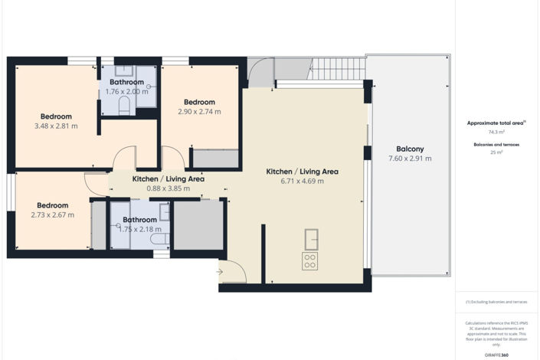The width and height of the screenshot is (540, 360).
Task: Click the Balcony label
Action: click(x=410, y=149)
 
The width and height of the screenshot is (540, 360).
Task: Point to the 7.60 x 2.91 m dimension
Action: click(x=410, y=159)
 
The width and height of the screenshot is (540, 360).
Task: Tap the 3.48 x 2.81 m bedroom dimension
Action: click(x=56, y=126)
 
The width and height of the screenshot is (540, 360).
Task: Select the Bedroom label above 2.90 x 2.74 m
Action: click(x=199, y=102)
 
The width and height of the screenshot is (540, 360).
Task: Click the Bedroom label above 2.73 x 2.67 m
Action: click(x=53, y=205)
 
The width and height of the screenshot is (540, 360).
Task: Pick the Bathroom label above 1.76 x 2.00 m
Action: click(x=126, y=82)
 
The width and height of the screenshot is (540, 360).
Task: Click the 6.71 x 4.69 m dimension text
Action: click(x=302, y=182)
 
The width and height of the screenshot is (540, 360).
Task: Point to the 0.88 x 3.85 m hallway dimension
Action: click(x=168, y=188)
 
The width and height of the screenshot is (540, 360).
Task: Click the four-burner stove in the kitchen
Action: click(x=310, y=261)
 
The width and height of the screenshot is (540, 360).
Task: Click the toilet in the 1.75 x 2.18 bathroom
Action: click(x=159, y=240)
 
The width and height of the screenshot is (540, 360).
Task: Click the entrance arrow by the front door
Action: click(x=220, y=271)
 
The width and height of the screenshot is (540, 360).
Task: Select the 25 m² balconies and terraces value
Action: click(x=496, y=152)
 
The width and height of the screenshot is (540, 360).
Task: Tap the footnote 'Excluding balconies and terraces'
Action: click(x=496, y=302)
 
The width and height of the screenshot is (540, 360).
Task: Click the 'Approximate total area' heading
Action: click(x=496, y=123)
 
